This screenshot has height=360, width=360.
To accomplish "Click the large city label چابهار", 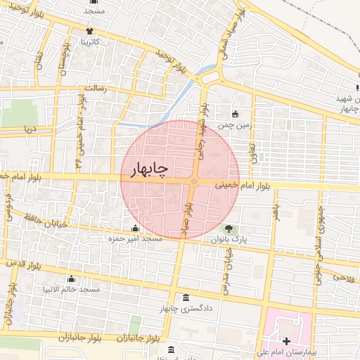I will (x=148, y=170).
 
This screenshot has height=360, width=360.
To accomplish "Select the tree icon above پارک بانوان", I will (x=229, y=229).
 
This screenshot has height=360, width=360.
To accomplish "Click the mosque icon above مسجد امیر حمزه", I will (x=135, y=229).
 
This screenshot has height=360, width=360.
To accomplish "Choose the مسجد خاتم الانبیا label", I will (x=71, y=290).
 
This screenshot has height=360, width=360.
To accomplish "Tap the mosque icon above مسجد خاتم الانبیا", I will (x=71, y=279).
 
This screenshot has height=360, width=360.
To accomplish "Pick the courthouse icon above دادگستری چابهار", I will (x=185, y=297).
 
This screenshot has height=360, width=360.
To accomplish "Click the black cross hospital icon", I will (x=286, y=341).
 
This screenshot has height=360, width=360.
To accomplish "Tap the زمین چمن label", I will (x=233, y=125).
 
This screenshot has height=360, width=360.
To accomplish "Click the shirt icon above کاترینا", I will (x=89, y=31).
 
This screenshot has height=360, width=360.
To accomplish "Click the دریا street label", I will (x=29, y=129).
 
